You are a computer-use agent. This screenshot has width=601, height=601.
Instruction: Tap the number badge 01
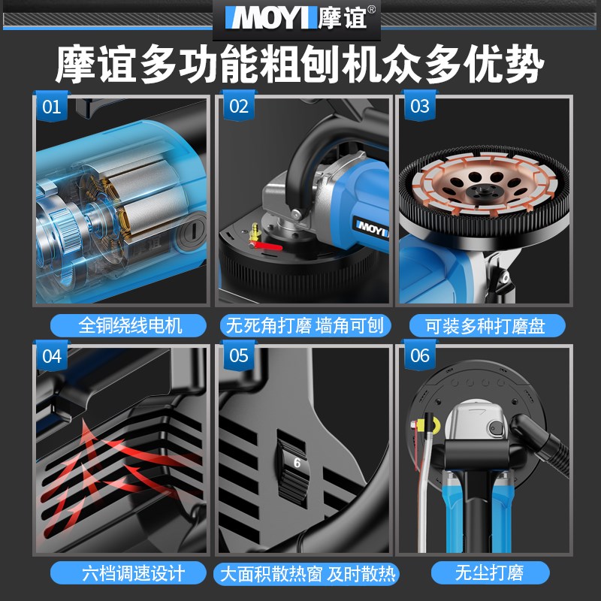click(x=51, y=107)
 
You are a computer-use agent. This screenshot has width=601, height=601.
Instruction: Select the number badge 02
click(x=237, y=107)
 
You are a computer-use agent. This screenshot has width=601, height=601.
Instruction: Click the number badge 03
click(x=420, y=107)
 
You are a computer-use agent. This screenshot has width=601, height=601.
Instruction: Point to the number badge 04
click(x=51, y=356)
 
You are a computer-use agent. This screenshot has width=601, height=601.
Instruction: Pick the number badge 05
click(x=237, y=356)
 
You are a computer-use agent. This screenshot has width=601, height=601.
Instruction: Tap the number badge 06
click(x=420, y=356)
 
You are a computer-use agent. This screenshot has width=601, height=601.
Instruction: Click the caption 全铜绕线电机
click(x=120, y=325)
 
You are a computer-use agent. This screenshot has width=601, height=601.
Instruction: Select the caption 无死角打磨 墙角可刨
click(x=305, y=325)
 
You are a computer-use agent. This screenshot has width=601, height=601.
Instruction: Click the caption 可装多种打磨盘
click(x=487, y=325)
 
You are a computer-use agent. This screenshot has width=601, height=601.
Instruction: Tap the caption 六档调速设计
click(x=120, y=573)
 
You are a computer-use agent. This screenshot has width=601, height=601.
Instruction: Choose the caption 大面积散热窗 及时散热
click(x=305, y=575)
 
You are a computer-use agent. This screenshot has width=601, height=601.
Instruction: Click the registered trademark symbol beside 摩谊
click(x=371, y=9)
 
